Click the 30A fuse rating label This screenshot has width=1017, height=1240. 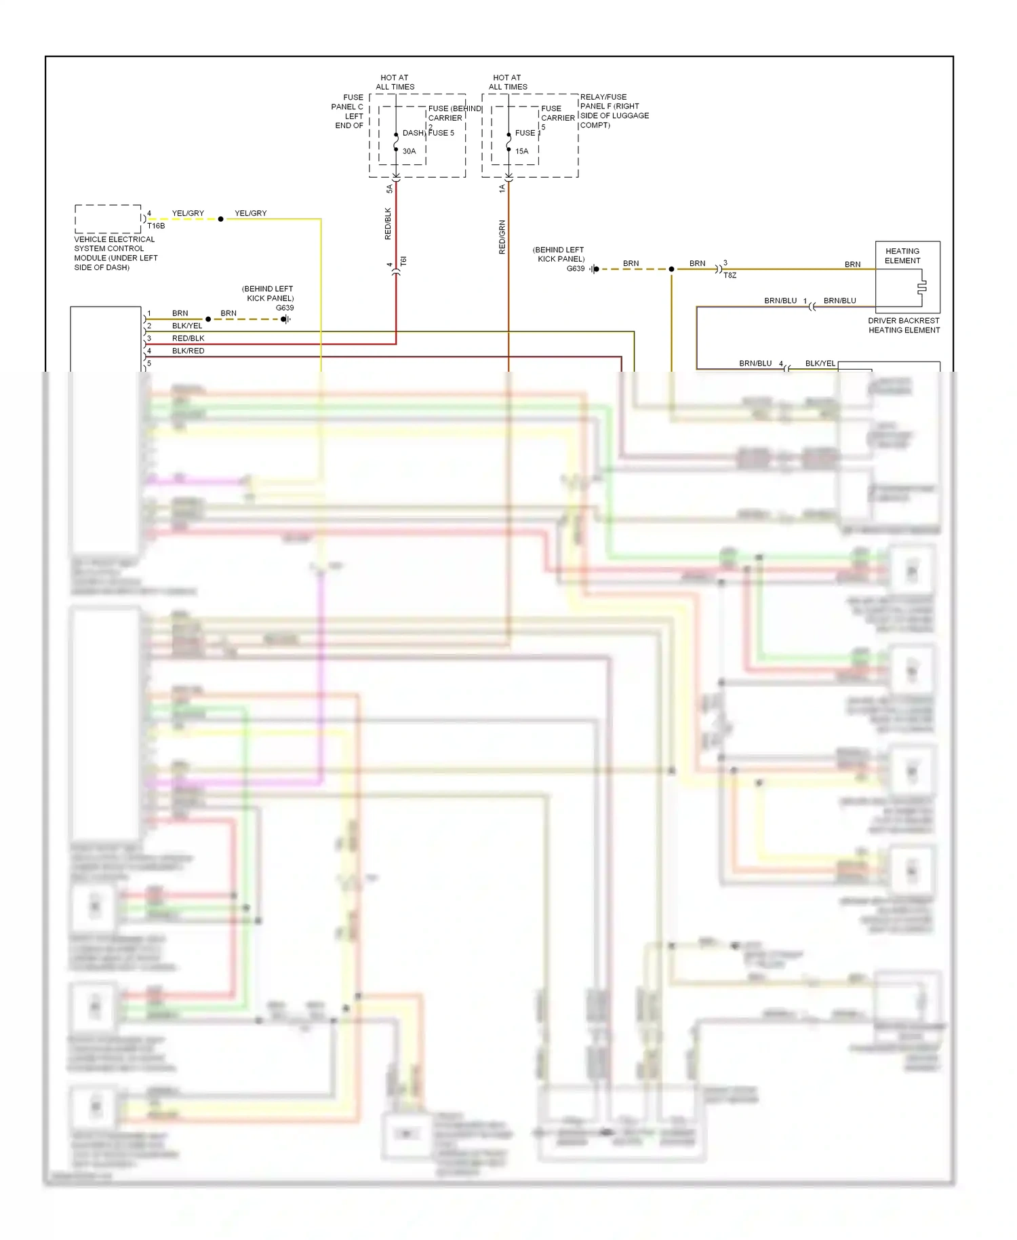409,151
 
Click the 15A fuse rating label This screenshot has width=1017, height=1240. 521,151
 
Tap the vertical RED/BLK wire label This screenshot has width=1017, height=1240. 388,224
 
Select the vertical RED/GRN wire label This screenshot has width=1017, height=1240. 502,237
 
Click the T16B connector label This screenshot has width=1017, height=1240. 156,226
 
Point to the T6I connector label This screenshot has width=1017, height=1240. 403,260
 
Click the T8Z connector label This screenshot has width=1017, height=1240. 730,275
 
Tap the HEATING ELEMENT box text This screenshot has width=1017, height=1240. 902,256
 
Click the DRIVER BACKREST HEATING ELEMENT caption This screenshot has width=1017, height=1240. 904,326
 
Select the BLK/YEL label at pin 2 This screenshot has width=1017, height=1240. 187,326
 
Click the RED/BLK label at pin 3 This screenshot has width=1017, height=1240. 188,338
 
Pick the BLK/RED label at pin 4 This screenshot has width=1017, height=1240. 188,351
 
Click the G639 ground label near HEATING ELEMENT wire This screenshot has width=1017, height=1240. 576,269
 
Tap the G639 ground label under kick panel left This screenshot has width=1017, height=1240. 285,308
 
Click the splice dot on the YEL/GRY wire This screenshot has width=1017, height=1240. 220,219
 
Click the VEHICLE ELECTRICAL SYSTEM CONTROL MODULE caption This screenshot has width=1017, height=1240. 115,253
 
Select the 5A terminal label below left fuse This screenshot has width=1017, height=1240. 389,189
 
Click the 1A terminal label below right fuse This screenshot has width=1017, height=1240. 502,189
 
